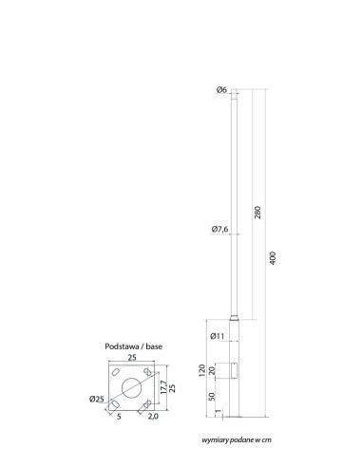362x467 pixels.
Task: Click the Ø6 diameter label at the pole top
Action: tap(221, 90)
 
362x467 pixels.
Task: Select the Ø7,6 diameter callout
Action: tap(219, 229)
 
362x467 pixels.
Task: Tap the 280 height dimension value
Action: tap(257, 213)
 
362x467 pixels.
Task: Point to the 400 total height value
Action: tap(273, 258)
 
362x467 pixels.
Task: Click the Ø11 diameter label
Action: tap(218, 336)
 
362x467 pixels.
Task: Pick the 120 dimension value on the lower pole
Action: tap(201, 370)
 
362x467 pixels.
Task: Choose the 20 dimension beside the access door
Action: tap(213, 370)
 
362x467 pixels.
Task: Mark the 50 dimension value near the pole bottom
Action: tap(213, 396)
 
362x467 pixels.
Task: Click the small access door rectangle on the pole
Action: tap(234, 370)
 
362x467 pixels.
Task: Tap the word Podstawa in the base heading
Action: tap(122, 346)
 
